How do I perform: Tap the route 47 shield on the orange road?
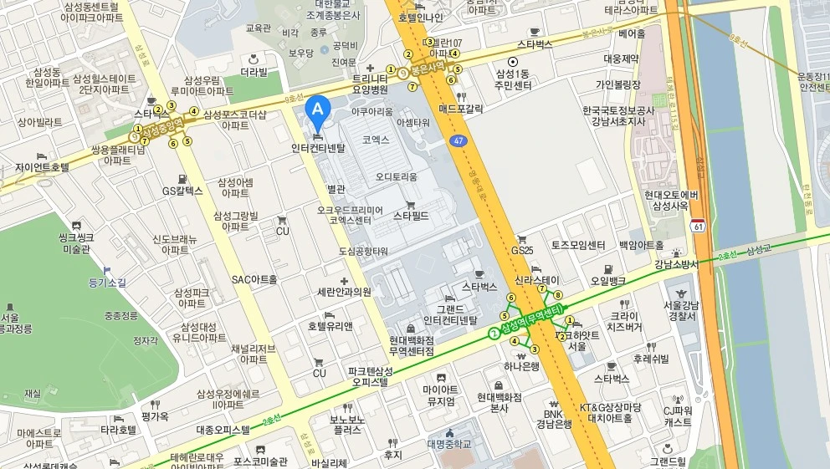click(x=458, y=141)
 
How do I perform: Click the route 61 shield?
click(x=698, y=226)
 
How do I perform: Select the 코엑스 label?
click(x=376, y=140)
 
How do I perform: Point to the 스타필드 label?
click(x=411, y=216)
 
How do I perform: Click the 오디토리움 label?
click(x=396, y=176)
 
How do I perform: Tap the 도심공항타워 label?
click(x=363, y=251)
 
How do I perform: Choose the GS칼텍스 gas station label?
click(x=182, y=191)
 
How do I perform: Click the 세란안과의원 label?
click(x=344, y=292)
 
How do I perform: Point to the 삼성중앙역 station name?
click(x=162, y=127)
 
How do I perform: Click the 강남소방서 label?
click(x=676, y=264)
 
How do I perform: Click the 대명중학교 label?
click(x=450, y=444)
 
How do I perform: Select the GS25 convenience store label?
click(x=522, y=249)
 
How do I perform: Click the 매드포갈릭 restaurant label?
click(x=461, y=109)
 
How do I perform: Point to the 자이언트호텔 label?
click(x=42, y=167)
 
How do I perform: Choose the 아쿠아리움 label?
click(x=371, y=110)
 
